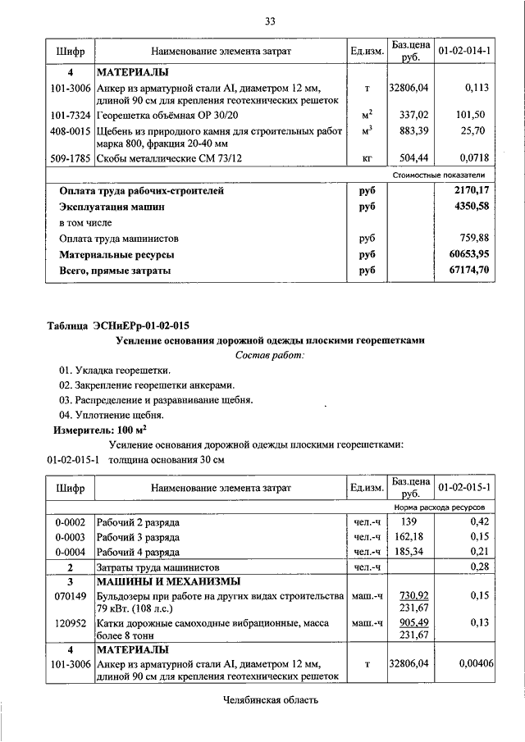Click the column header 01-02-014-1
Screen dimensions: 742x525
464,52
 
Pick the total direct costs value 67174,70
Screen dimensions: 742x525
465,269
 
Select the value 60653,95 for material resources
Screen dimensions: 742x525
465,254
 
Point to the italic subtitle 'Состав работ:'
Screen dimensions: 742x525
269,355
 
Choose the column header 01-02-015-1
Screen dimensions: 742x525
464,488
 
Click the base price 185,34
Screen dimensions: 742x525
410,551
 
